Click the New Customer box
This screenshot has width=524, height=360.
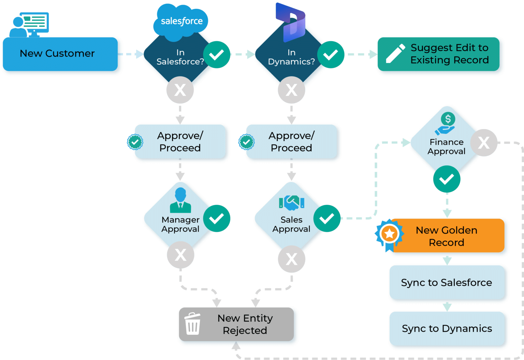(x=60, y=54)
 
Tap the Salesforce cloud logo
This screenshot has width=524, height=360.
(x=181, y=21)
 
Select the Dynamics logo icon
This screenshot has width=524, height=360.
(x=291, y=22)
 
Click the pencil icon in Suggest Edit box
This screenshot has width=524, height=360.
(x=395, y=54)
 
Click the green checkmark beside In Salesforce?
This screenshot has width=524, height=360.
(x=217, y=55)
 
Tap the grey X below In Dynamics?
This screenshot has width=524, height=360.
(x=291, y=90)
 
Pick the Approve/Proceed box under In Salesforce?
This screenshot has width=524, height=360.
(x=180, y=141)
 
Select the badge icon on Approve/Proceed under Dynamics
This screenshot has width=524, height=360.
(x=246, y=142)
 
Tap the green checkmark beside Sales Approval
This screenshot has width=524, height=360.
(x=327, y=218)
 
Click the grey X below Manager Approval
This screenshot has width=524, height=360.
(x=180, y=255)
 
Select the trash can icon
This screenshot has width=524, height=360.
(x=193, y=324)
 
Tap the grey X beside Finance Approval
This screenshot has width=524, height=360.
(x=484, y=142)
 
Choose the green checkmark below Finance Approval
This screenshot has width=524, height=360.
(x=447, y=179)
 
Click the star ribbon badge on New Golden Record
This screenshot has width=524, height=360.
(x=389, y=235)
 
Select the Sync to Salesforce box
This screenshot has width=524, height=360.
(x=447, y=282)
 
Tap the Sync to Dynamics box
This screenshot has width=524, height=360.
(x=447, y=328)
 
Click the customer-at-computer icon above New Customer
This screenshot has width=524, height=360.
(x=29, y=24)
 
